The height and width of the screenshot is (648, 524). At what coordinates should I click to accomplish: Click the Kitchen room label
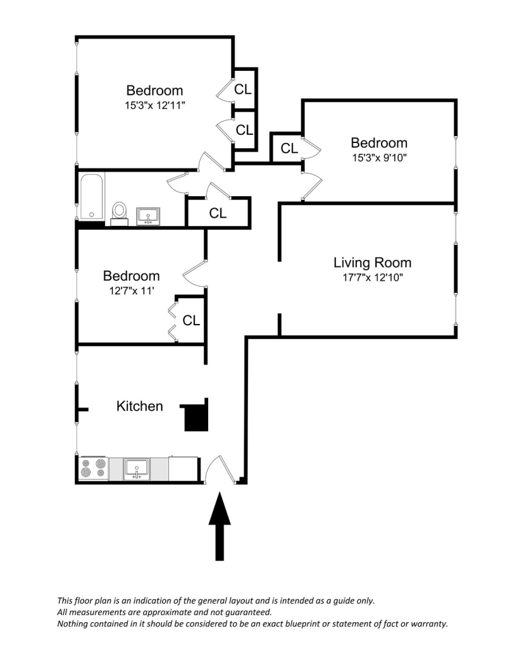click(x=140, y=406)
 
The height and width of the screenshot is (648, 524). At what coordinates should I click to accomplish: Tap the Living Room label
click(x=372, y=263)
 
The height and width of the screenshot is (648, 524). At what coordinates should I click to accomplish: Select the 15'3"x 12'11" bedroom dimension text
click(x=154, y=106)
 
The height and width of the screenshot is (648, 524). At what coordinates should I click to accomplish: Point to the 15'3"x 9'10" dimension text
click(x=379, y=158)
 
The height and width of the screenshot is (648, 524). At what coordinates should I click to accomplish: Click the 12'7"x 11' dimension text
click(x=132, y=290)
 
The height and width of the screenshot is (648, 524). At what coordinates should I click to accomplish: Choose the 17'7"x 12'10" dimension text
click(x=372, y=277)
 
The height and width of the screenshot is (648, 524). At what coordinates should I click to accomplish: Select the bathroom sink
click(x=148, y=216)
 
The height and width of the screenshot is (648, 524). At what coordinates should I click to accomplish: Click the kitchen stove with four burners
click(x=94, y=468)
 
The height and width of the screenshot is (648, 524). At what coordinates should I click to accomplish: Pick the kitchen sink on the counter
click(x=137, y=469)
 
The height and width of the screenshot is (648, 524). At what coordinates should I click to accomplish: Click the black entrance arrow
click(x=220, y=526)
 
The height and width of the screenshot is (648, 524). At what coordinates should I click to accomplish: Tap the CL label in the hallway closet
click(x=218, y=213)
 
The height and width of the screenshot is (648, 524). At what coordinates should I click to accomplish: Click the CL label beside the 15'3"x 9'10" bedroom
click(x=289, y=148)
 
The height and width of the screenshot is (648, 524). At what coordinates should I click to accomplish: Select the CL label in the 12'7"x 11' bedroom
click(x=191, y=320)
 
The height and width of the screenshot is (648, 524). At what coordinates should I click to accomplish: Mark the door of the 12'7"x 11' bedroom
click(x=193, y=273)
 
